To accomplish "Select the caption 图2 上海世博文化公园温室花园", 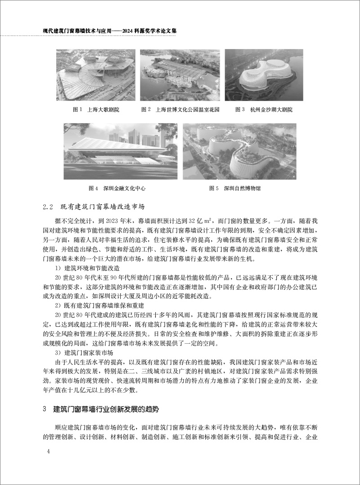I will tap(180, 109).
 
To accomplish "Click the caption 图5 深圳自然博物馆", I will tap(235, 189).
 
